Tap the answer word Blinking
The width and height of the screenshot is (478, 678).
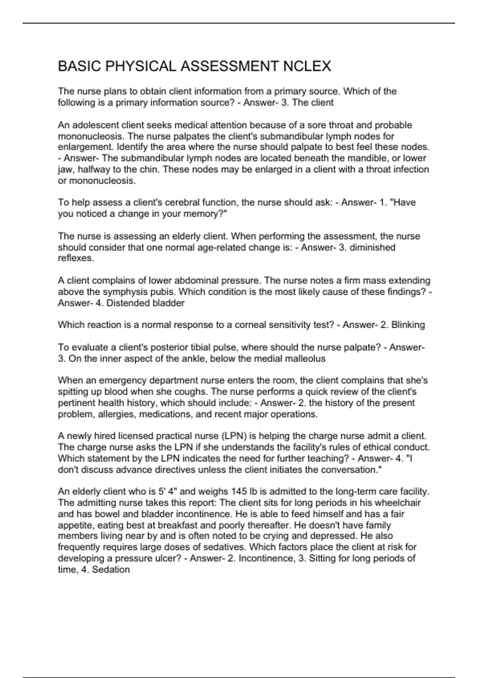(x=408, y=325)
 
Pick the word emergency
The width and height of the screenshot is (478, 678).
(x=120, y=380)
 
